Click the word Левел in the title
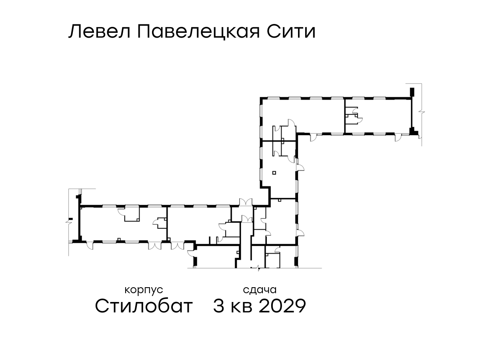(100, 32)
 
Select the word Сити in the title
(291, 32)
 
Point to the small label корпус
(144, 290)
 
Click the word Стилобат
(144, 306)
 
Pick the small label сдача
(260, 290)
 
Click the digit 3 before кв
(219, 306)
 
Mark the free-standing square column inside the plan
(274, 173)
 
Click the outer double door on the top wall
(246, 202)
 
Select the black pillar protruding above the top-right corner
(412, 92)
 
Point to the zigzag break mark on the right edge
(421, 112)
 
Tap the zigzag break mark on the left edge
(69, 222)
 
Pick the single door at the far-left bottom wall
(90, 245)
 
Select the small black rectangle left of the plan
(71, 219)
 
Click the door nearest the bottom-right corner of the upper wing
(398, 138)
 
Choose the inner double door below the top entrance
(247, 219)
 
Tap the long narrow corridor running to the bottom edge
(246, 245)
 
